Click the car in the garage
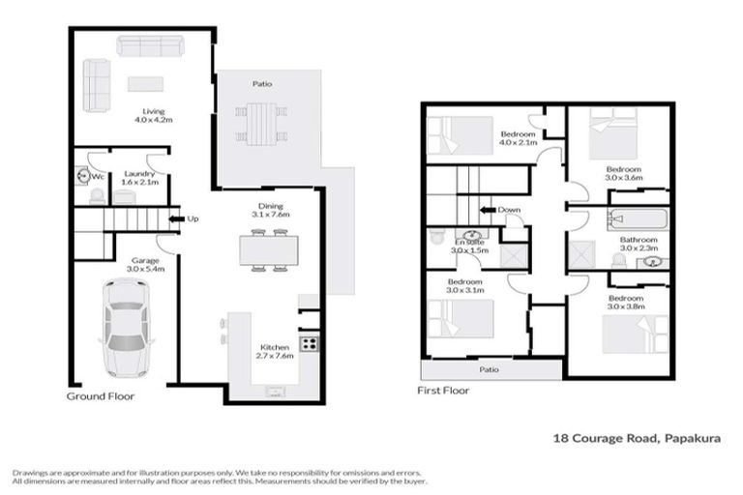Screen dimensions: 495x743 pyautogui.click(x=126, y=329)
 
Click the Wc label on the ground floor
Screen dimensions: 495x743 pyautogui.click(x=97, y=177)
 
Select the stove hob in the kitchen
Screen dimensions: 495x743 pyautogui.click(x=311, y=343)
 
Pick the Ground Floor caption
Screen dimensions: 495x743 pyautogui.click(x=100, y=396)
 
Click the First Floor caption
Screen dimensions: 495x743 pyautogui.click(x=443, y=391)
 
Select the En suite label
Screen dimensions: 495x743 pyautogui.click(x=468, y=244)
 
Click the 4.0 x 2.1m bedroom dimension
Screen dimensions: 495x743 pyautogui.click(x=517, y=143)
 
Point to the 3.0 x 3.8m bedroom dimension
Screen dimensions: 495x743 pyautogui.click(x=626, y=308)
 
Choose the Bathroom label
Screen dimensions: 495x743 pyautogui.click(x=639, y=240)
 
